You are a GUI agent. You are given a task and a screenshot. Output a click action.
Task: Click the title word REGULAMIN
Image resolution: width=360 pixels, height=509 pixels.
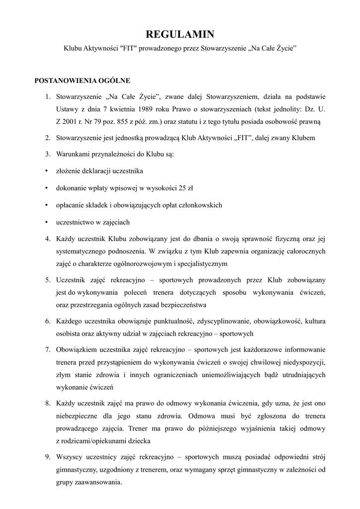(x=180, y=34)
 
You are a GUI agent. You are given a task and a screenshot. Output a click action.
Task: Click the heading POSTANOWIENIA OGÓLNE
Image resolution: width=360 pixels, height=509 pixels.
(x=82, y=81)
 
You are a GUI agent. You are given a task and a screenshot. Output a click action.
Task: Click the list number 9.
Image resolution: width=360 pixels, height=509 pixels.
(x=47, y=456)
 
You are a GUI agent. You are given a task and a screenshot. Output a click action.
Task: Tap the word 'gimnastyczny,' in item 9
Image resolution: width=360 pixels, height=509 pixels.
(x=78, y=469)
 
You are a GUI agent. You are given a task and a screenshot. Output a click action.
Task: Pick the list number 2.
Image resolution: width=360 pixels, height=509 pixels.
(x=47, y=137)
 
